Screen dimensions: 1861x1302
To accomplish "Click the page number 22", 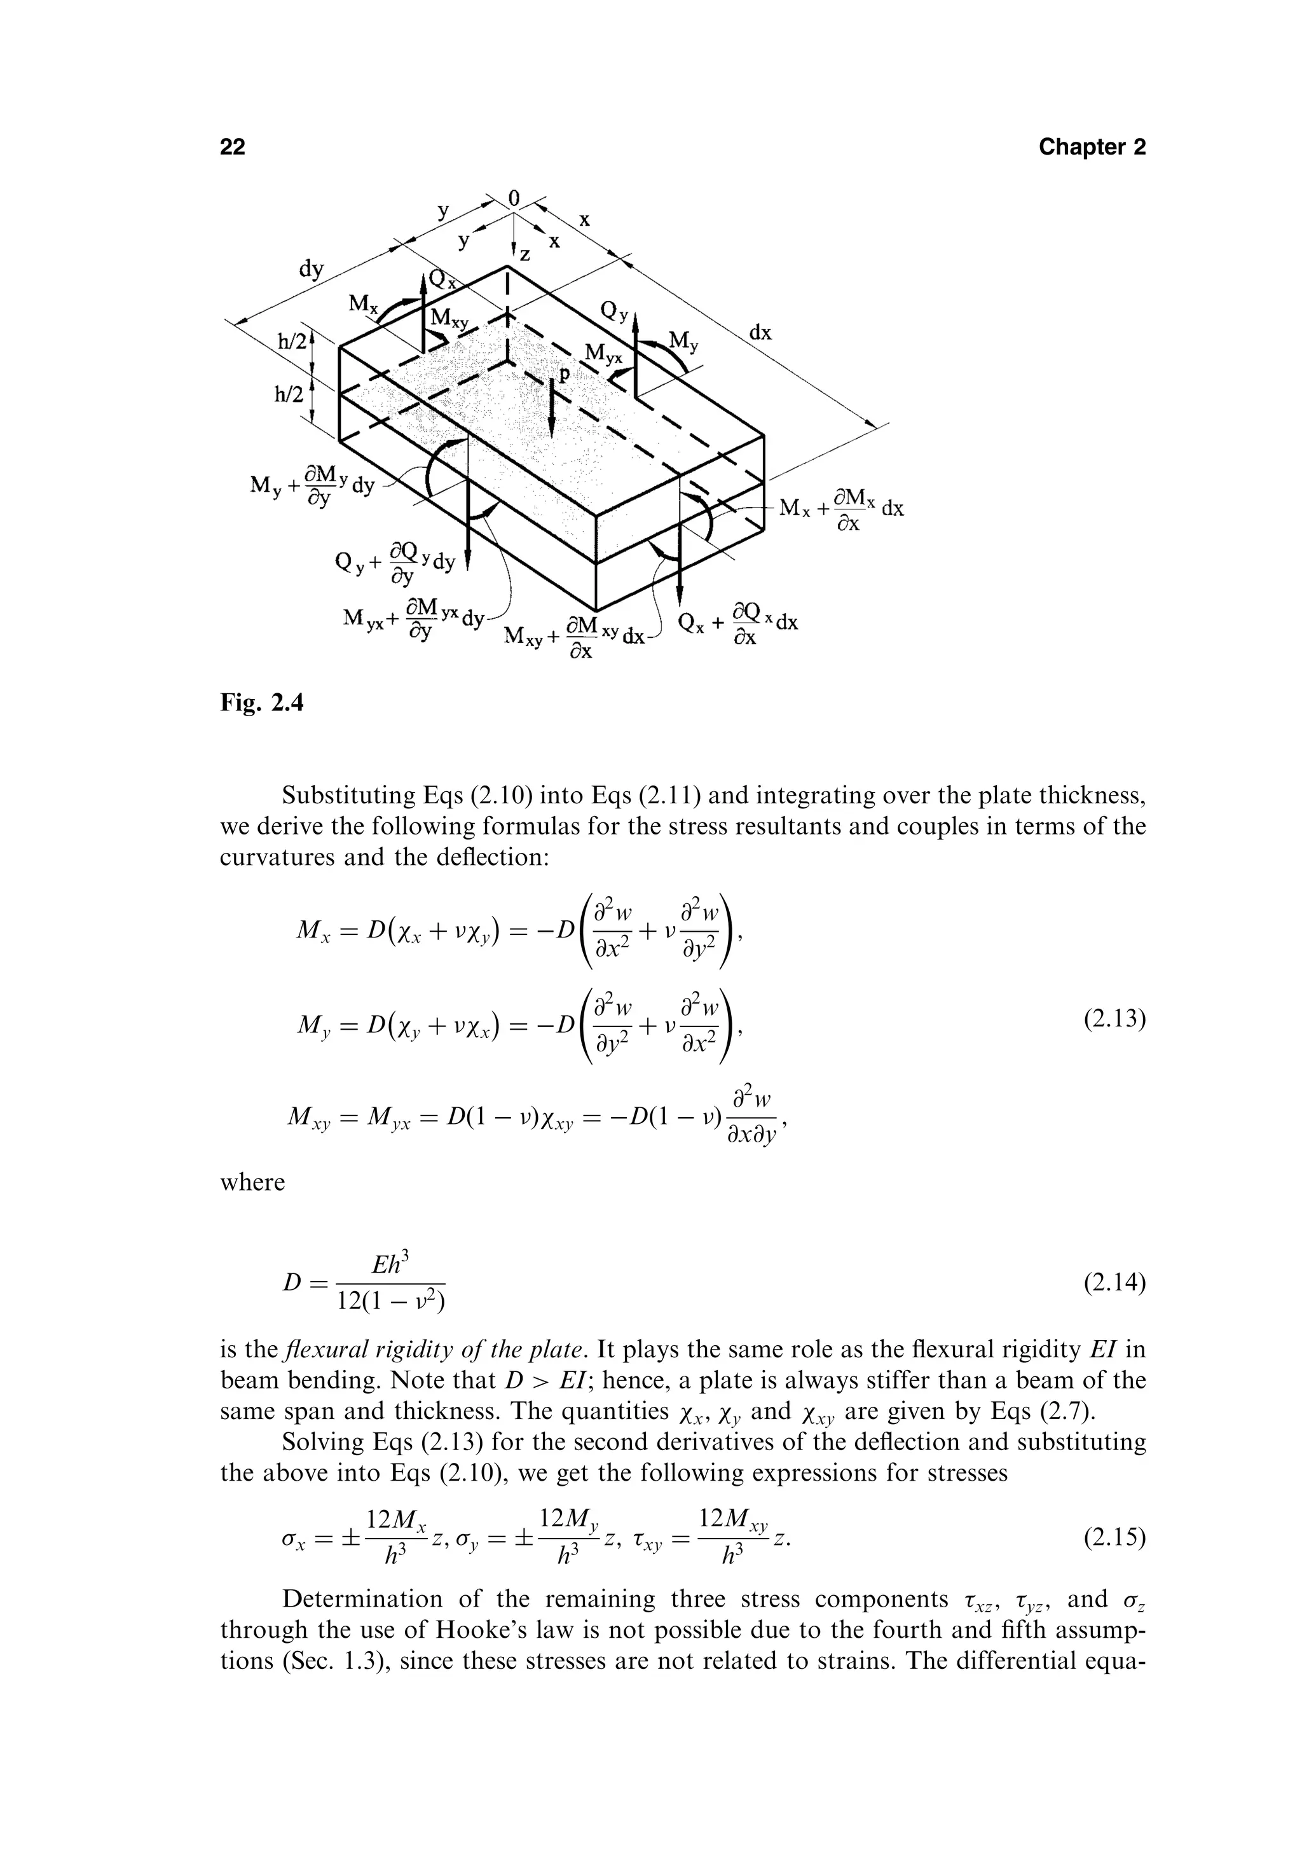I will click(x=233, y=147).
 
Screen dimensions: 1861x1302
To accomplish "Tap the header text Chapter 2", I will click(x=1092, y=147).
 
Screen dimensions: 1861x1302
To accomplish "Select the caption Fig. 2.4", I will click(x=262, y=703).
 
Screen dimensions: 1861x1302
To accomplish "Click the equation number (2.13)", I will click(x=1114, y=1019).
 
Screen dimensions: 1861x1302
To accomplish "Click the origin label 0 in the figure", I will click(x=514, y=198).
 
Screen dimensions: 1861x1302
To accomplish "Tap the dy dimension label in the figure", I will click(x=311, y=269).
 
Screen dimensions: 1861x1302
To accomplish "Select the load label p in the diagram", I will click(x=565, y=373).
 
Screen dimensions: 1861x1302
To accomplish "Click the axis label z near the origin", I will click(x=525, y=254).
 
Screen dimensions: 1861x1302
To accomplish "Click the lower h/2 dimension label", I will click(x=289, y=395).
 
